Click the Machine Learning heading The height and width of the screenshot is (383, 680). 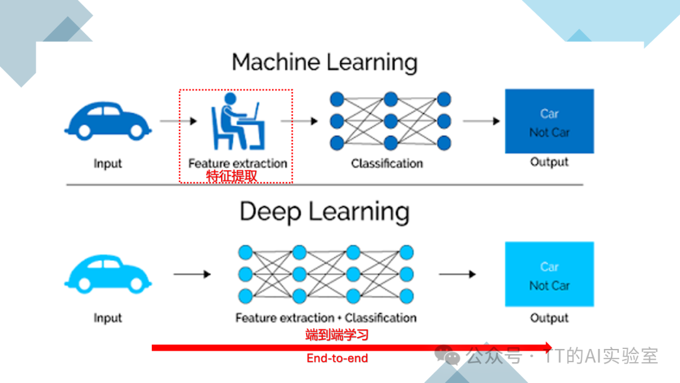(x=324, y=63)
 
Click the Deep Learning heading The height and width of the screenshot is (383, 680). (x=324, y=212)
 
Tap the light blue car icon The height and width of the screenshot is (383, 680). (x=108, y=275)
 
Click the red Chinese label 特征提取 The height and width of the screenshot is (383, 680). (x=232, y=176)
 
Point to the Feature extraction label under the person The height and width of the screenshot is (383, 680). (x=237, y=163)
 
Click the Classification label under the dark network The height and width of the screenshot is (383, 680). (x=387, y=163)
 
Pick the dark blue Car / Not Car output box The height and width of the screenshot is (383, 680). (x=549, y=122)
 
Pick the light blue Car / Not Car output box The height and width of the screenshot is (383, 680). (x=549, y=275)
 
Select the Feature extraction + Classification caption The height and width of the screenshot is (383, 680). (x=326, y=317)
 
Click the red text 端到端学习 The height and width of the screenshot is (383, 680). (x=337, y=335)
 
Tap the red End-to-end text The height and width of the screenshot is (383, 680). (x=337, y=358)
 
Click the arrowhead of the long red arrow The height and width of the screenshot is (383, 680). (x=548, y=347)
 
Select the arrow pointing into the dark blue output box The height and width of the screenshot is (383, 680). (x=481, y=120)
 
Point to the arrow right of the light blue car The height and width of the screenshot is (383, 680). (x=192, y=275)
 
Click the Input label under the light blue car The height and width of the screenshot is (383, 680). (x=108, y=318)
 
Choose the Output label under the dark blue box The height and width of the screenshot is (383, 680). (x=549, y=163)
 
